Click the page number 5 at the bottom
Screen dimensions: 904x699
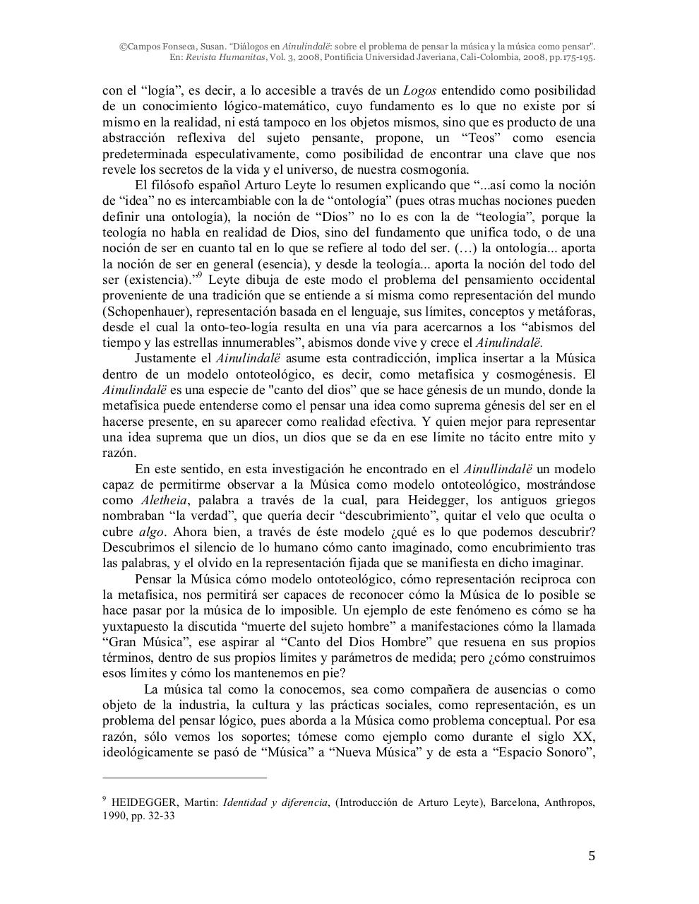[x=592, y=857]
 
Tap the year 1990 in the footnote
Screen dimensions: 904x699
[x=114, y=816]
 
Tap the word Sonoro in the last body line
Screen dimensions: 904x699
[x=567, y=751]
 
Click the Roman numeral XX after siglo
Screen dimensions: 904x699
[x=586, y=736]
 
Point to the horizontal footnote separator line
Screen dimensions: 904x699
[x=185, y=778]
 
